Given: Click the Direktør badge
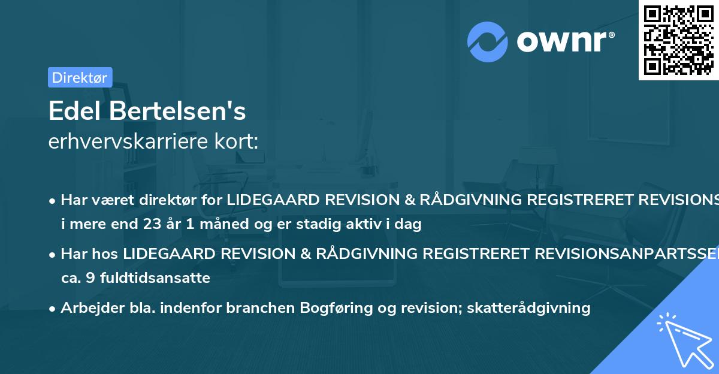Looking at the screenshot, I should tap(80, 77).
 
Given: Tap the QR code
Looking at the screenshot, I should tap(678, 40).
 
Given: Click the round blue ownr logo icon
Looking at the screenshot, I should tap(487, 42).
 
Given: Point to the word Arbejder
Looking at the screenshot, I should tap(90, 308).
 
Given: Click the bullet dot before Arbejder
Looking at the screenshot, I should tap(53, 309).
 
